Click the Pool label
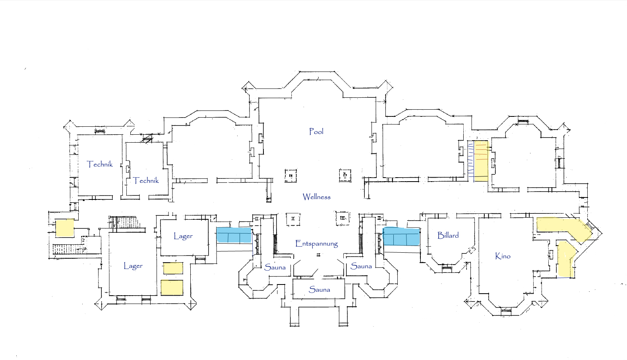coord(316,132)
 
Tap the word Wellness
coord(316,197)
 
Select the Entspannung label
coord(316,244)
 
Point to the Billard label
coord(448,235)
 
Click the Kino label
coord(503,256)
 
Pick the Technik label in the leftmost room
coord(100,164)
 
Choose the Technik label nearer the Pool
coord(146,180)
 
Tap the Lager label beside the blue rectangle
coord(183,236)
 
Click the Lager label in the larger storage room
coord(133,266)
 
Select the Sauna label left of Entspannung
coord(275,267)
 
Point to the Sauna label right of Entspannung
coord(361,266)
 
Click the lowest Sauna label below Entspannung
coord(319,290)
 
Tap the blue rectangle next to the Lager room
coord(234,235)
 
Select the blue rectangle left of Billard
coord(401,237)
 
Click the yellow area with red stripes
coord(481,161)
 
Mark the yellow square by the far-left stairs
coord(64,228)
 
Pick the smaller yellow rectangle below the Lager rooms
coord(173,268)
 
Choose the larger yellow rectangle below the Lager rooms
coord(172,288)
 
